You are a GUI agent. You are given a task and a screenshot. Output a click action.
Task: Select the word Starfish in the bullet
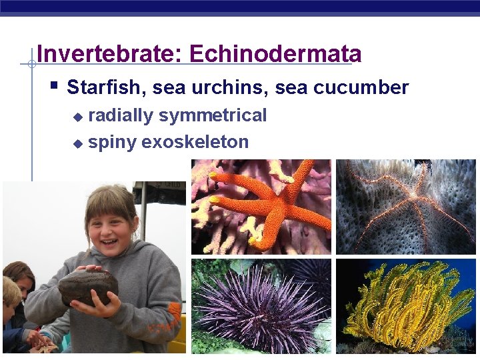[x=101, y=87]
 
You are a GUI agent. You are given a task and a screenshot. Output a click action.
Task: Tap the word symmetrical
[x=213, y=115]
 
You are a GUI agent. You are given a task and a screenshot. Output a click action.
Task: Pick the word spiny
[x=112, y=142]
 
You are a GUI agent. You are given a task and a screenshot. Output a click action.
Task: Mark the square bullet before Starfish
[x=54, y=86]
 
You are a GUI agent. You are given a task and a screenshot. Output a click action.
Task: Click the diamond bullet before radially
[x=78, y=117]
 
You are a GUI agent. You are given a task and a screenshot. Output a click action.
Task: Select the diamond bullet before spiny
[x=78, y=143]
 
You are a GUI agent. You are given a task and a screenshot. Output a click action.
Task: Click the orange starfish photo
[x=261, y=206]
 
